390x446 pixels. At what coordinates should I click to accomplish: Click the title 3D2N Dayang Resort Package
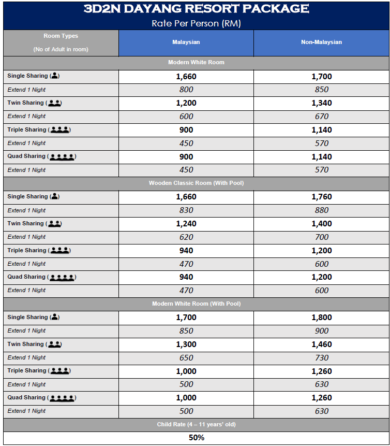[196, 9]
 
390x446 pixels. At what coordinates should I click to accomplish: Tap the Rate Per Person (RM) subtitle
[196, 23]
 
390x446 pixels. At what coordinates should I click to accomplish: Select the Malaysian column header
[186, 42]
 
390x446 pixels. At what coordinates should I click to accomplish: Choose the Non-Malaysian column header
[321, 42]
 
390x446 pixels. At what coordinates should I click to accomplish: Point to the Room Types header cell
[61, 42]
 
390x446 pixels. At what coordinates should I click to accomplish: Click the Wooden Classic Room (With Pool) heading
[196, 183]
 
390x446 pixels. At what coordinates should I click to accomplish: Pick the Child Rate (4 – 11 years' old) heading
[196, 425]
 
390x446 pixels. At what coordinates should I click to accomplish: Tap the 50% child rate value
[196, 438]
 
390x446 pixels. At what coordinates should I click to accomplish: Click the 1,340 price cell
[321, 103]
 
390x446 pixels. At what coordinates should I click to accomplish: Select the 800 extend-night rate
[186, 90]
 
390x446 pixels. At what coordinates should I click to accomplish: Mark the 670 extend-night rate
[321, 117]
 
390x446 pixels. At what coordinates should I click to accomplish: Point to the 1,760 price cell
[321, 197]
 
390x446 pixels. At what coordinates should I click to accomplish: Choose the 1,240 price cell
[186, 224]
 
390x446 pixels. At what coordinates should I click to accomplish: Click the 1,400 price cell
[321, 224]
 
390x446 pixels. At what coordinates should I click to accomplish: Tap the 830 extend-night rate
[186, 210]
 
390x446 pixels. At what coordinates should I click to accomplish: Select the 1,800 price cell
[321, 318]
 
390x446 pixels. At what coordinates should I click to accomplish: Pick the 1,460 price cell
[321, 344]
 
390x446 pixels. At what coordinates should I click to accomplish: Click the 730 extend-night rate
[321, 358]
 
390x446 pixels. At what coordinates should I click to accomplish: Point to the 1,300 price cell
[186, 344]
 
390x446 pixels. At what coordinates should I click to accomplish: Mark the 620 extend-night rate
[186, 237]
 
